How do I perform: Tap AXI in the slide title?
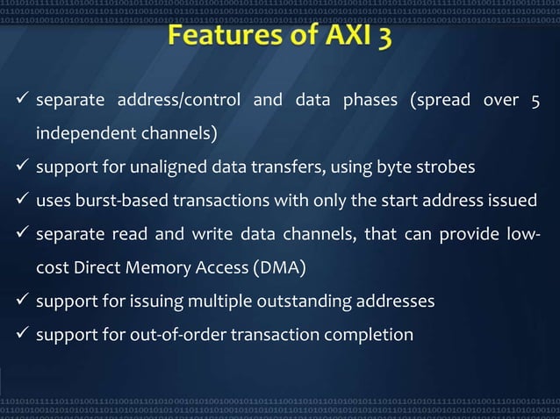click(344, 38)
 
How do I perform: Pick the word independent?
click(80, 135)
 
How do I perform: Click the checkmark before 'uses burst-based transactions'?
click(20, 202)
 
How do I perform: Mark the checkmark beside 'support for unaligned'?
click(20, 168)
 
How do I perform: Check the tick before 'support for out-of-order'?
click(20, 335)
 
